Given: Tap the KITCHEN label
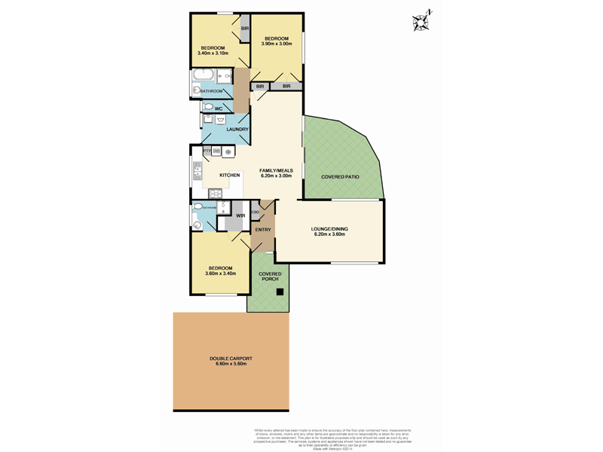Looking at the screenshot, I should [230, 176].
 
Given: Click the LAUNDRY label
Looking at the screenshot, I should [237, 130].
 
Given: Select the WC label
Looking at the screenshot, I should [219, 109].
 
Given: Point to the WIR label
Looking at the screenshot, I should [240, 216].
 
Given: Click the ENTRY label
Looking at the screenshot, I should [263, 230].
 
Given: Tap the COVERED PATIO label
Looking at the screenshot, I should [340, 177].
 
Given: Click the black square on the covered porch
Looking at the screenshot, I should [279, 292].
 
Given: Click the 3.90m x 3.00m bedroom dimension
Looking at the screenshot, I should [276, 44].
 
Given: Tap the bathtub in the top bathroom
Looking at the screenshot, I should [204, 76].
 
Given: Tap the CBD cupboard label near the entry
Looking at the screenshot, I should [256, 212].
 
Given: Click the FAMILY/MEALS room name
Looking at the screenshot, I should [276, 171].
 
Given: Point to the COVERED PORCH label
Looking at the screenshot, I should [270, 276].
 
